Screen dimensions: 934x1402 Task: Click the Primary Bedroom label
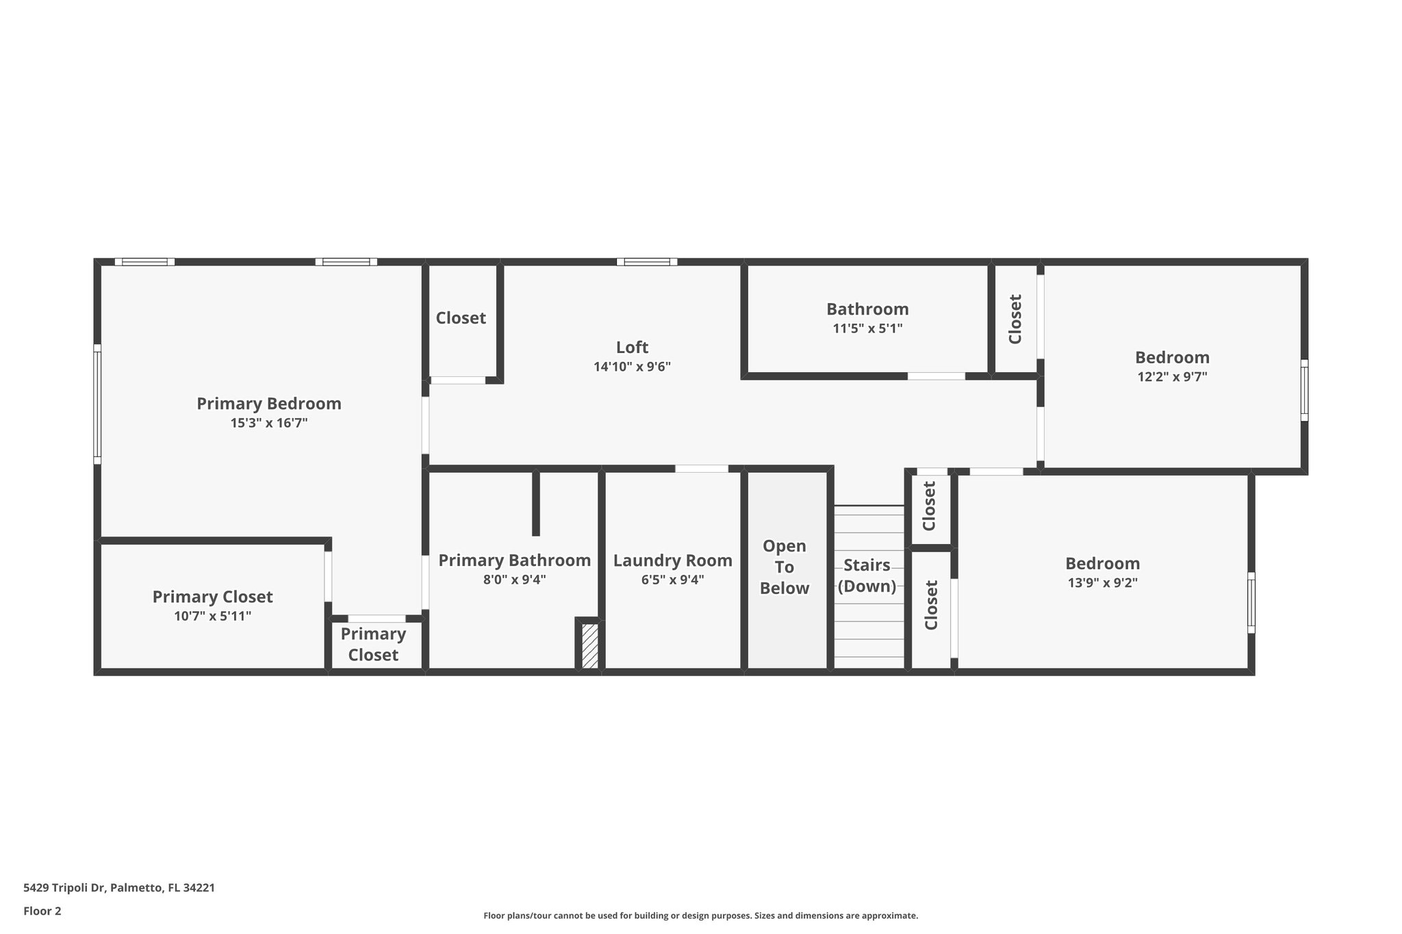click(x=269, y=404)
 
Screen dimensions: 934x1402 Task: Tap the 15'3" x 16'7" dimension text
click(x=269, y=424)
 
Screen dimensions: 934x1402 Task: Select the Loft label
click(x=632, y=348)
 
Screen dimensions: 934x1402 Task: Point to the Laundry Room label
click(x=672, y=561)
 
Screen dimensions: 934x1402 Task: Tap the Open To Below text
click(x=785, y=567)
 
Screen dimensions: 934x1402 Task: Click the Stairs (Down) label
click(x=867, y=575)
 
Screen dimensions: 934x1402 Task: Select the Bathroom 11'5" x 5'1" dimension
click(x=867, y=328)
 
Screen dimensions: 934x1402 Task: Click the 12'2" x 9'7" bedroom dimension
click(x=1172, y=377)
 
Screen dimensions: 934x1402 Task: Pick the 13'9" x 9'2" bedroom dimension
click(x=1102, y=584)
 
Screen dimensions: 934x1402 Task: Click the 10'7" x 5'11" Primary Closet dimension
click(x=212, y=617)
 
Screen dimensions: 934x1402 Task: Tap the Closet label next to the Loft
click(x=461, y=318)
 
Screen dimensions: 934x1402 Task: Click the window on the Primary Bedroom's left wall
click(x=97, y=404)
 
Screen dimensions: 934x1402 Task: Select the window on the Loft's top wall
click(x=646, y=261)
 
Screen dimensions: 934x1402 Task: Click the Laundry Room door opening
click(x=702, y=469)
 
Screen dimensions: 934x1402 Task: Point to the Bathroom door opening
click(x=936, y=376)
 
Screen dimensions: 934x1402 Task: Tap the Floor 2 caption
click(x=42, y=911)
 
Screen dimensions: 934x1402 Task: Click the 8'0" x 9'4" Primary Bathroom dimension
click(x=514, y=580)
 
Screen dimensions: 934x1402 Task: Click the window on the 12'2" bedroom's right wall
click(x=1304, y=390)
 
